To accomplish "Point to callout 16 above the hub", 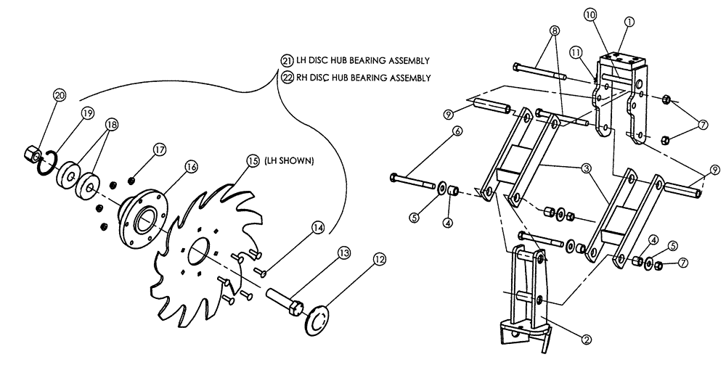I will pyautogui.click(x=191, y=166).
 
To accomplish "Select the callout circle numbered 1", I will pyautogui.click(x=629, y=22).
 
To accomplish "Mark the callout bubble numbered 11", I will pyautogui.click(x=577, y=53).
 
